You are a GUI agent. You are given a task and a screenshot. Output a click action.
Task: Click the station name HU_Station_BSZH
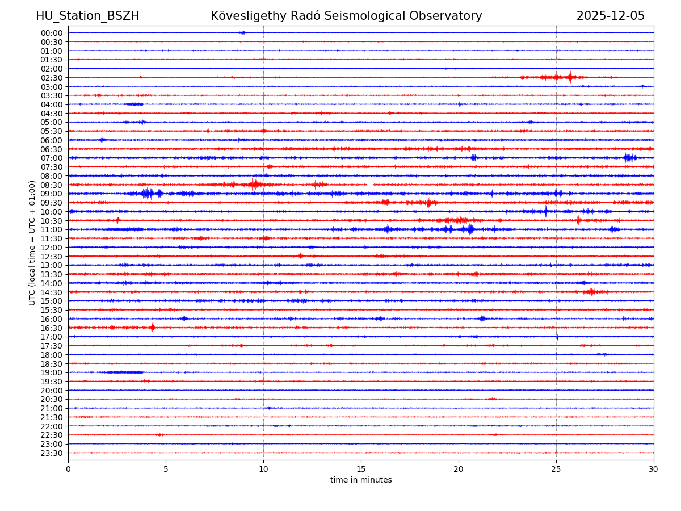coord(87,16)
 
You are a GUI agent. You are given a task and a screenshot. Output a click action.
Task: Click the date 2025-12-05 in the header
coord(610,16)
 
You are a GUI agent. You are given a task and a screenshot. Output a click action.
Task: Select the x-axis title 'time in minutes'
coord(361,480)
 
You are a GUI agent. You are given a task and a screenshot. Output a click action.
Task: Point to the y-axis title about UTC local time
coord(32,242)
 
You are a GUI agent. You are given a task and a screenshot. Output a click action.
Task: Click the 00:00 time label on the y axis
coord(52,33)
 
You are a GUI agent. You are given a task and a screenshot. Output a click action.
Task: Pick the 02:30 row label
coord(52,78)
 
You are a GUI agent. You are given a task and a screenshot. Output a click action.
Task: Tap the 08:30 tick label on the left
coord(52,185)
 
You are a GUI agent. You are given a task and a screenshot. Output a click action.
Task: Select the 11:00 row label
coord(52,229)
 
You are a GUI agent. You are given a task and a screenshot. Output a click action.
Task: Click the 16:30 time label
coord(52,328)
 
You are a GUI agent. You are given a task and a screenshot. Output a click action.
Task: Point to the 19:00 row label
coord(52,372)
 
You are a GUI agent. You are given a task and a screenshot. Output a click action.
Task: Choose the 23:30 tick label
coord(52,453)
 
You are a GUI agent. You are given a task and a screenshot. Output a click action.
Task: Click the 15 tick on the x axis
coord(361,470)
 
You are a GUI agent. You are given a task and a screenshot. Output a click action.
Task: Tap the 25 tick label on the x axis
coord(556,470)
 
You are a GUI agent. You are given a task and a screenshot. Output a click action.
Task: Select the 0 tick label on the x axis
coord(68,470)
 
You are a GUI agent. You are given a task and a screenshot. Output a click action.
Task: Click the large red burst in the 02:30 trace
coord(570,77)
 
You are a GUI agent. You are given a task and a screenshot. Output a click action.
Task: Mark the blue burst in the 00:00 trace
coord(242,32)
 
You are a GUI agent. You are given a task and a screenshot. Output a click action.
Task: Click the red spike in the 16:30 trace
coord(152,328)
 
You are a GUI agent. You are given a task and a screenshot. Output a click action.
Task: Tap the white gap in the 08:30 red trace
coord(369,185)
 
